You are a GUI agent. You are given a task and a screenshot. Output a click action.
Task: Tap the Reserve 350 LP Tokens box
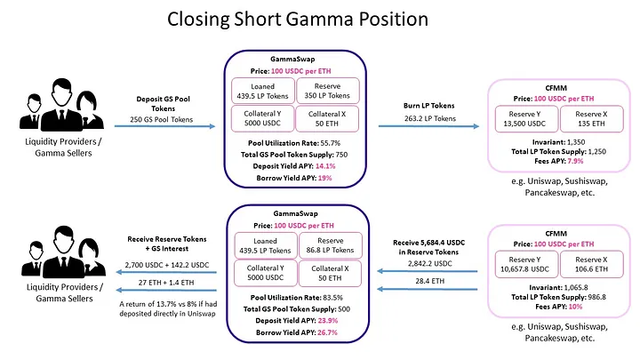coord(331,92)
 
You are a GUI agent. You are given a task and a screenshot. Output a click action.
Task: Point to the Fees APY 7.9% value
coord(577,161)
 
